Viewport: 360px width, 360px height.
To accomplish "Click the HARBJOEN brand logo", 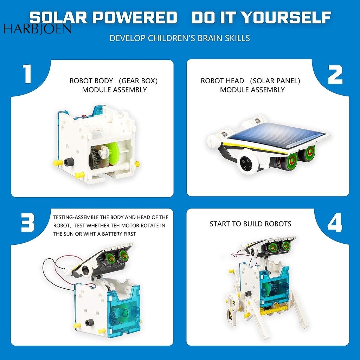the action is tap(37, 29).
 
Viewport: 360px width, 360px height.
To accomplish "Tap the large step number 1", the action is tap(27, 73).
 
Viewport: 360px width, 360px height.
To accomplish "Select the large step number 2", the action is tap(335, 75).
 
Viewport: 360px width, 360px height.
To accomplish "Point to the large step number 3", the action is tap(27, 222).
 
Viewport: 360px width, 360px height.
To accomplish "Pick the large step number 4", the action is tap(335, 222).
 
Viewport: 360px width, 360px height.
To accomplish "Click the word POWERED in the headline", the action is tap(135, 18).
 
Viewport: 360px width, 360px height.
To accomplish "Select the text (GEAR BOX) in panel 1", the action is tap(138, 81).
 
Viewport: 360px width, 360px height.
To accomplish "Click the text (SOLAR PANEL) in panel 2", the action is tap(275, 81).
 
